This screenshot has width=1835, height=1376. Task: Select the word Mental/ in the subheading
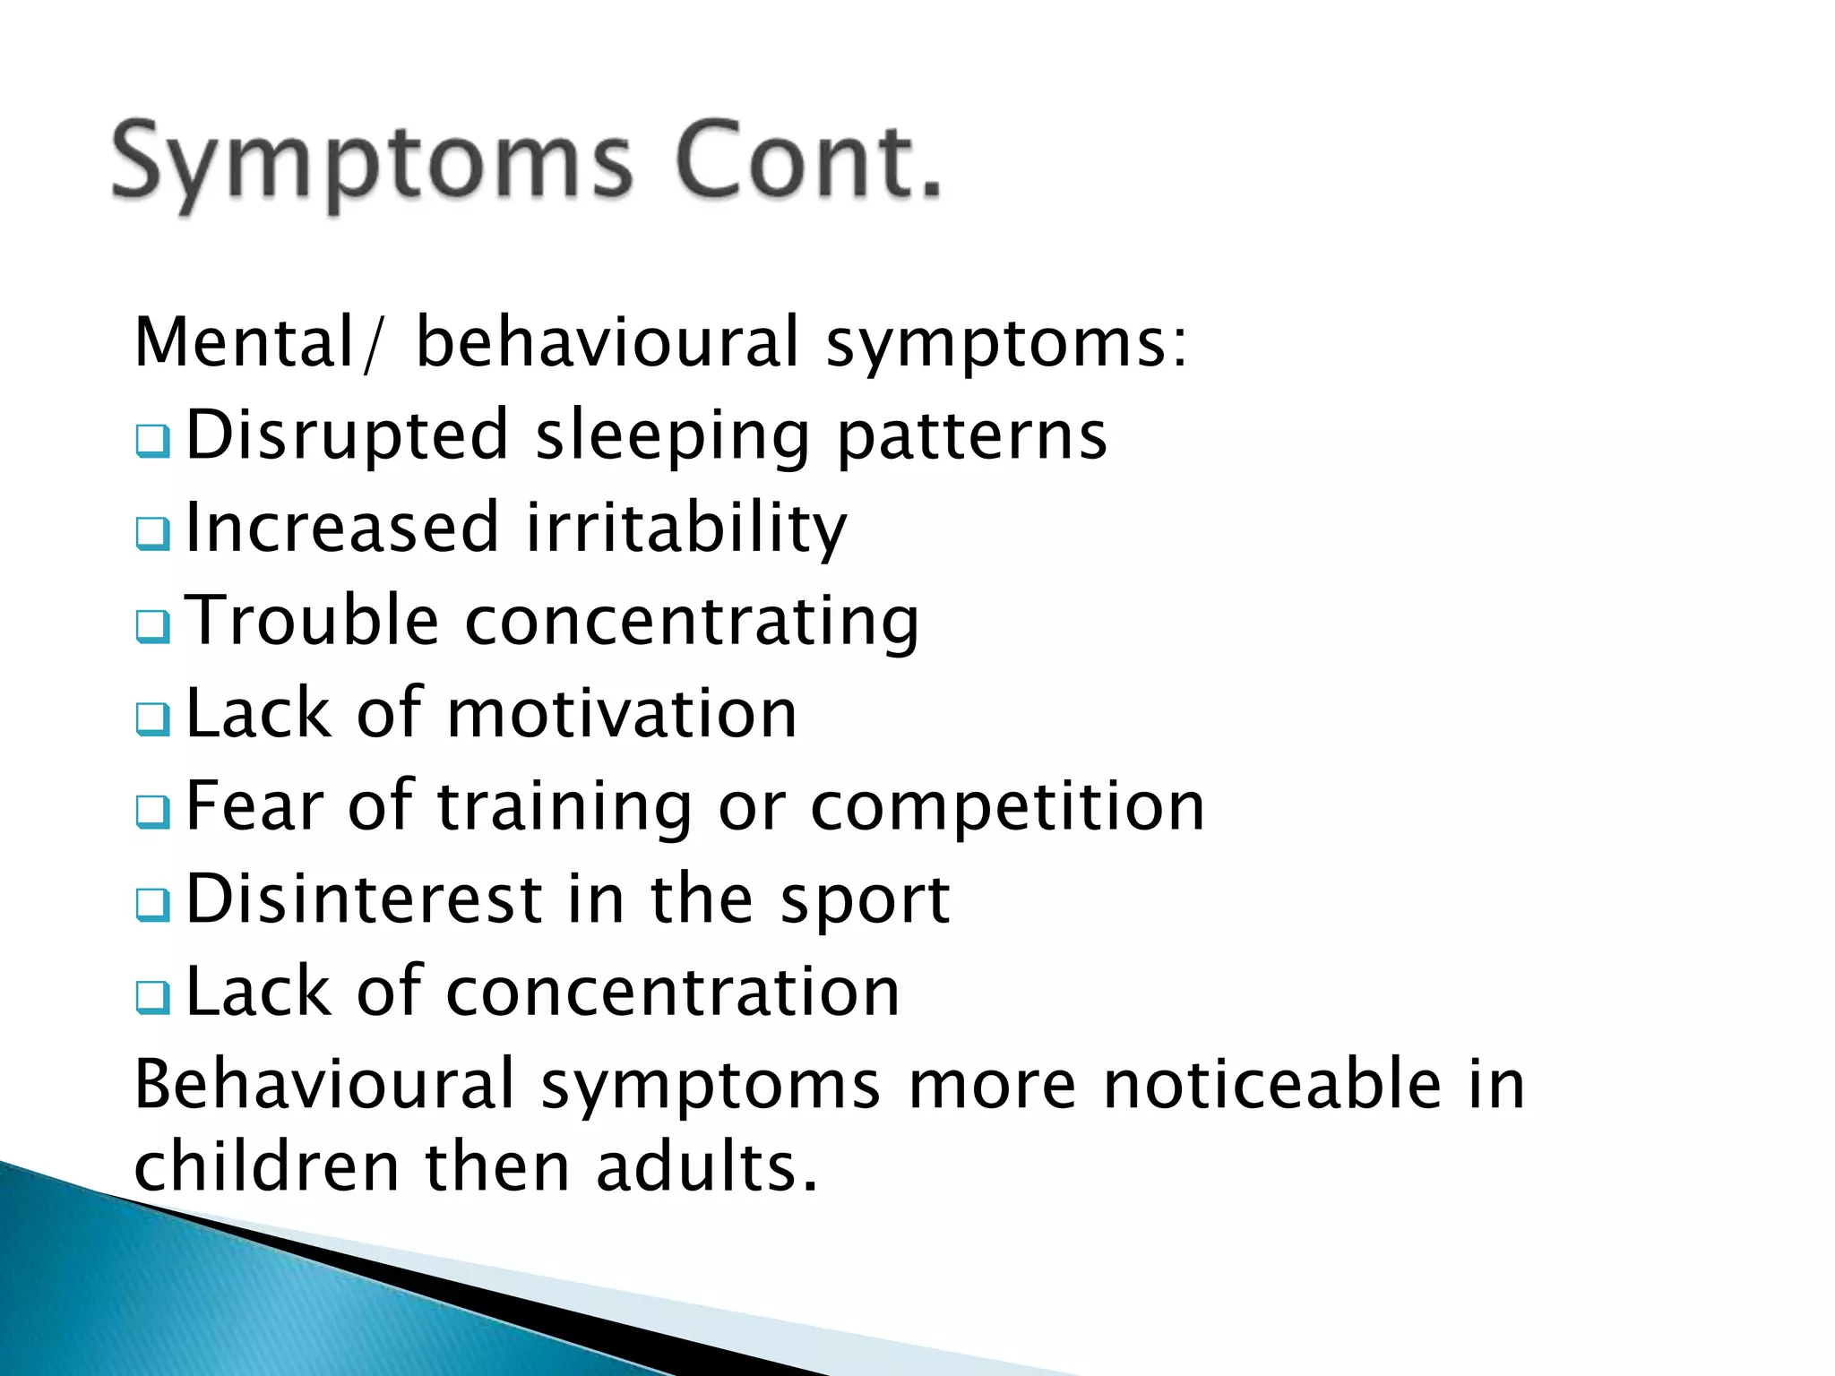[x=256, y=343]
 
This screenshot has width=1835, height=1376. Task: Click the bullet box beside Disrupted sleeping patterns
[x=153, y=441]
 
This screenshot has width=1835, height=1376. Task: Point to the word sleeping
[x=672, y=436]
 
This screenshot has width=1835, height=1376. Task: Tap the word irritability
[x=685, y=529]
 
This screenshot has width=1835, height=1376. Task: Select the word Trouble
[x=312, y=620]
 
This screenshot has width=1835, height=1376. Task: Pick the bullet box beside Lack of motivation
[x=153, y=718]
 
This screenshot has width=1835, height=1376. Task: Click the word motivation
[x=622, y=714]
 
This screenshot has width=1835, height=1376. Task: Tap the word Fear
[x=254, y=806]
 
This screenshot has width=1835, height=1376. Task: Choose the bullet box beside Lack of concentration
[x=153, y=996]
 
